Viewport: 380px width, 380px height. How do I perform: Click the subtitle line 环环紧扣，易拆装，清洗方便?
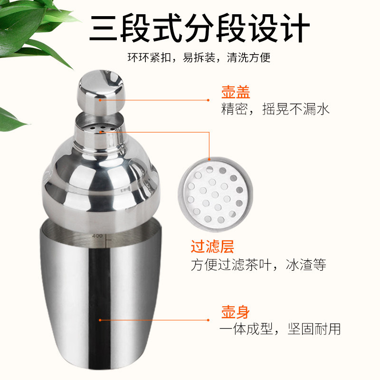pos(199,58)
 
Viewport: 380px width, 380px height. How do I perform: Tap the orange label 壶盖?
pos(236,92)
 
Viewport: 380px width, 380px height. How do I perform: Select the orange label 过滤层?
pos(212,247)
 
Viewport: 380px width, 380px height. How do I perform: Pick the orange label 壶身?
pos(235,312)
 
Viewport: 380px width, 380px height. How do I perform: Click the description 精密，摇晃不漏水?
pos(275,110)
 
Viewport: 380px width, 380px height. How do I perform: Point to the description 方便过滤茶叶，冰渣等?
pos(258,264)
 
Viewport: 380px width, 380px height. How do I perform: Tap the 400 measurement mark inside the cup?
pos(98,236)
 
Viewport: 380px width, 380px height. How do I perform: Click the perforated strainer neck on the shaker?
pos(100,131)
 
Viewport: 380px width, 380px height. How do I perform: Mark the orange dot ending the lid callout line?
pos(208,100)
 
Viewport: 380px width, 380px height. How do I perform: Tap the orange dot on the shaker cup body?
pos(100,320)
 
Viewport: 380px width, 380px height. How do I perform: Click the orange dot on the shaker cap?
pos(100,100)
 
